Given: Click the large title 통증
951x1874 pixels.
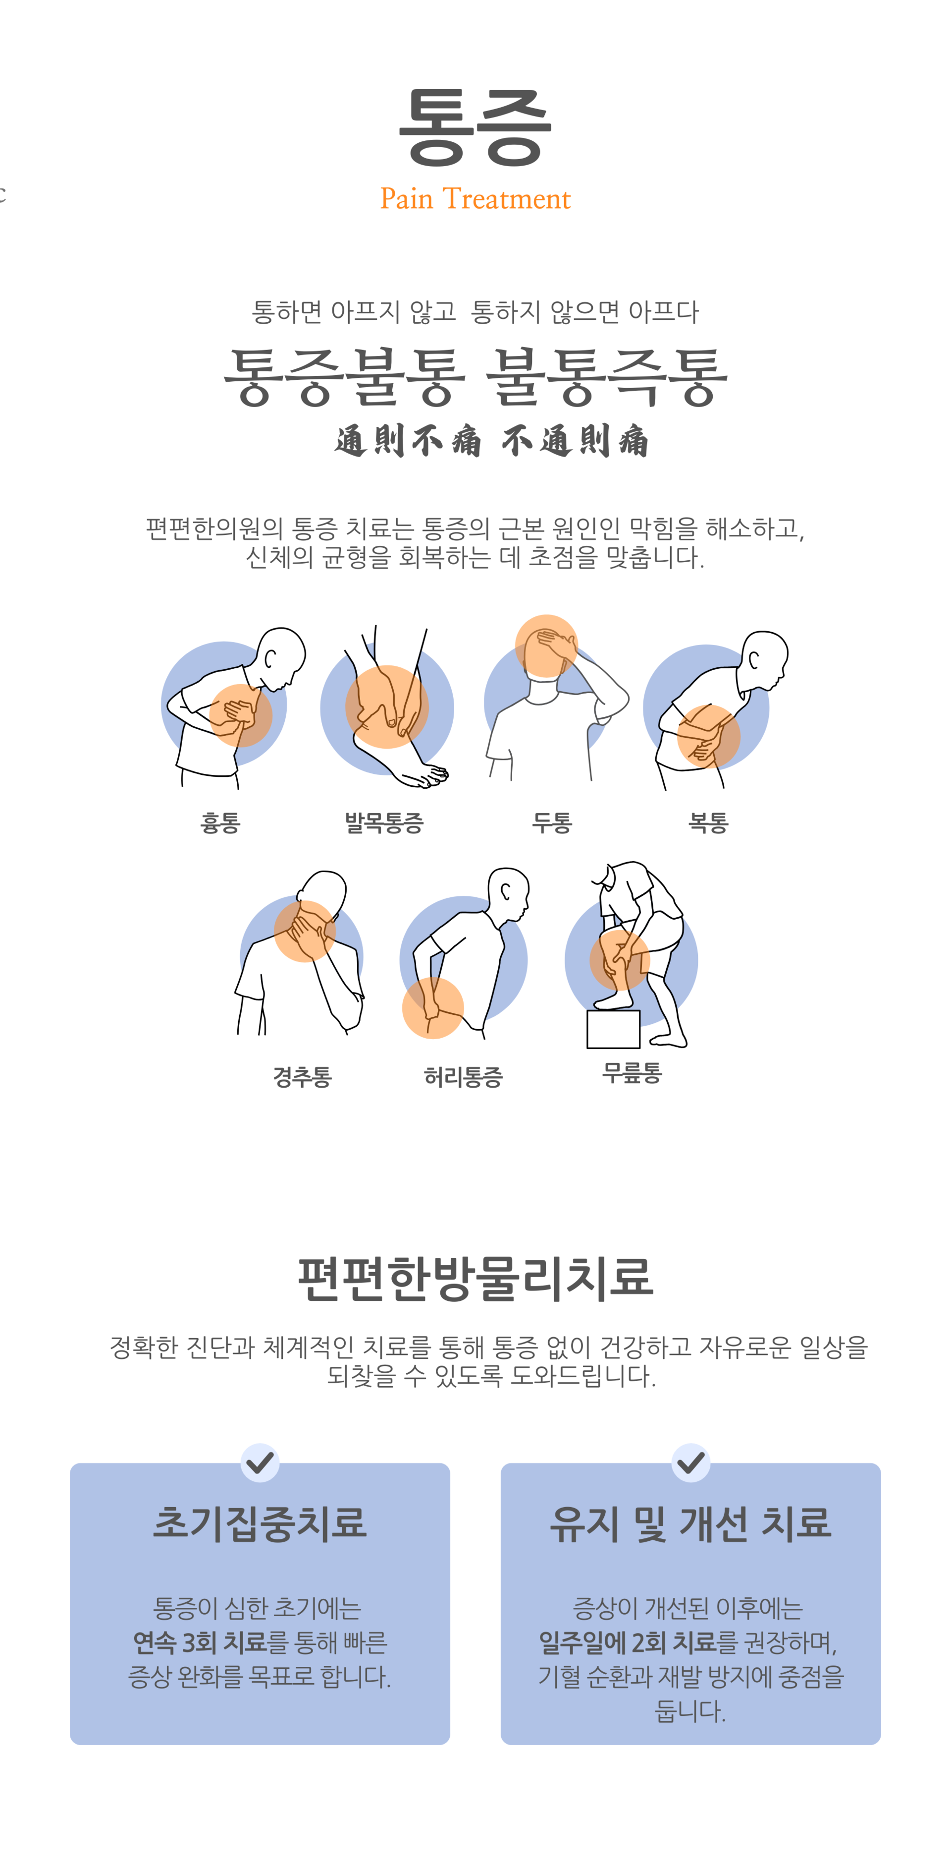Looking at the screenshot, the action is click(x=475, y=127).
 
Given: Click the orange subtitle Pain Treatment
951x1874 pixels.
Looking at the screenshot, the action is click(x=475, y=199).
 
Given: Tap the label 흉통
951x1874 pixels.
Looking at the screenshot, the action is click(x=219, y=823).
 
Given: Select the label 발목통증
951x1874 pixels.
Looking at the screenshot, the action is click(x=384, y=823).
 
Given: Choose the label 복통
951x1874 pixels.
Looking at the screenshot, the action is click(x=708, y=823).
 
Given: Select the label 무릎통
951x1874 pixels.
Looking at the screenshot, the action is click(x=632, y=1072).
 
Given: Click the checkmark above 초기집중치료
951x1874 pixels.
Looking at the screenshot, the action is click(x=260, y=1462).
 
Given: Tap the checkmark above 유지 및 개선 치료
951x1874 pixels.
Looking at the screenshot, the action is click(x=690, y=1462).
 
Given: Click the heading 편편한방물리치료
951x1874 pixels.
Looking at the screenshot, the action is click(x=475, y=1278).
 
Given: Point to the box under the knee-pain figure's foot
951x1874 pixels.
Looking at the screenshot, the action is click(x=613, y=1029).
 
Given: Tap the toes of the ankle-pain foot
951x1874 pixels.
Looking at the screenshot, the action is click(x=435, y=777).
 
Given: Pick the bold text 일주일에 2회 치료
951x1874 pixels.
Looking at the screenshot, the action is click(x=628, y=1642).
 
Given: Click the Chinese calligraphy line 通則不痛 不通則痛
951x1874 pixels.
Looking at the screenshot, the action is click(x=491, y=441).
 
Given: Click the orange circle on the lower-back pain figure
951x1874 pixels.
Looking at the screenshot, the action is click(x=432, y=1007).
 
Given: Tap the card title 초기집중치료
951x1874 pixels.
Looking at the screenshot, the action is click(x=260, y=1523).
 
